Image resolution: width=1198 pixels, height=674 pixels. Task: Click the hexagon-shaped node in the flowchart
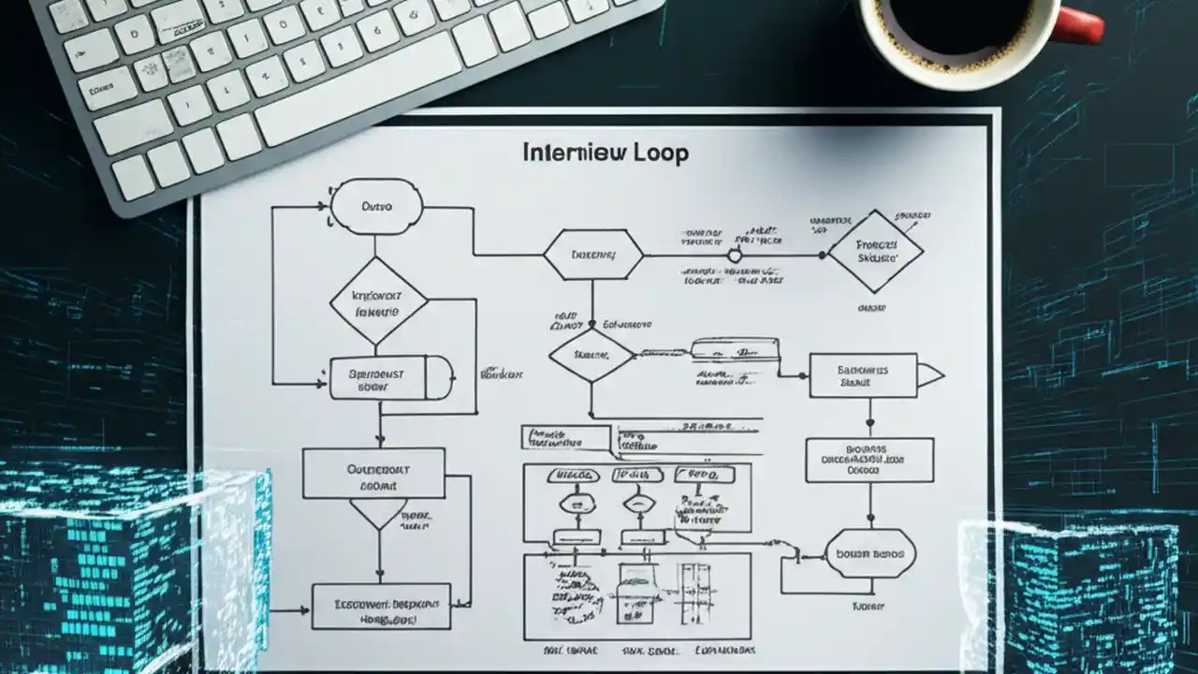(x=593, y=255)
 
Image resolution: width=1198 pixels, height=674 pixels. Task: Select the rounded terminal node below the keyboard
(x=377, y=206)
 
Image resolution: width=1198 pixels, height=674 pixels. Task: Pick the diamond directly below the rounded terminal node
(x=378, y=301)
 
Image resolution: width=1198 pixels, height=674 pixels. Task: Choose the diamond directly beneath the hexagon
(x=591, y=355)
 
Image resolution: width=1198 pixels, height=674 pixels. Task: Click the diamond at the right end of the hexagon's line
(x=875, y=251)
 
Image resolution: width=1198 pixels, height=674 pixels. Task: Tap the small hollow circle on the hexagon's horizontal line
(x=735, y=255)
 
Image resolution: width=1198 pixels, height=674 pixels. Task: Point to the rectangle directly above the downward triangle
(x=373, y=473)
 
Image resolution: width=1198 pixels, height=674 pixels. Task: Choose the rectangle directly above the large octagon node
(x=869, y=460)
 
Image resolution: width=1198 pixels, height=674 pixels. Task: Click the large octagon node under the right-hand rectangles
(x=867, y=553)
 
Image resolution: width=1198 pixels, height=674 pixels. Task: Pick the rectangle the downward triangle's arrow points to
(x=380, y=607)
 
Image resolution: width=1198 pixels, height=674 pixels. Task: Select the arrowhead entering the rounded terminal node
(x=329, y=207)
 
